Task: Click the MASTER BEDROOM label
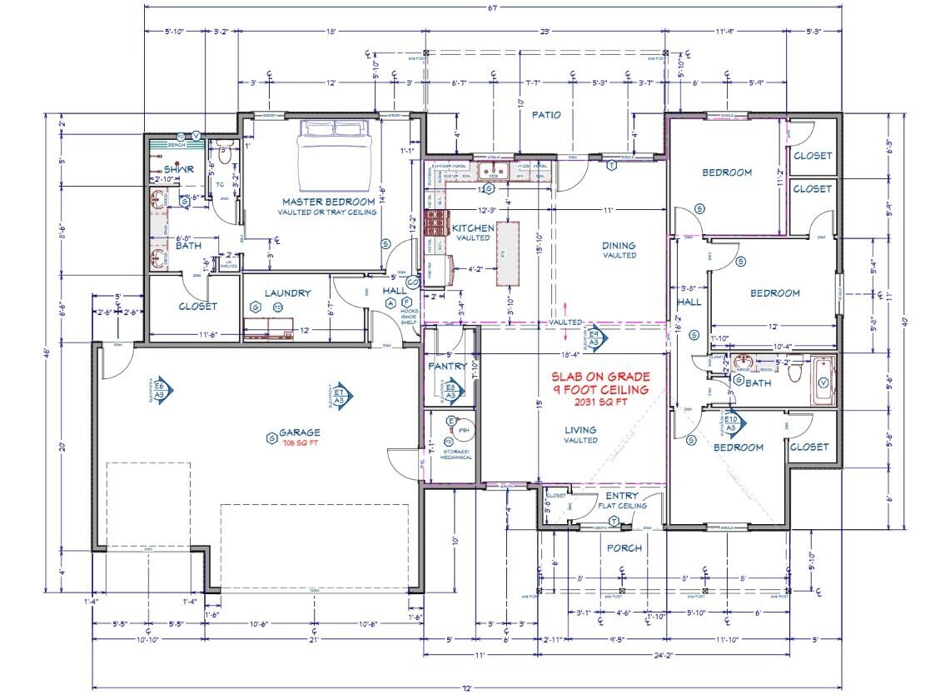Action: click(x=327, y=202)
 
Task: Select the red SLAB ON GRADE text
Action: click(x=600, y=377)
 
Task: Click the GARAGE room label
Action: click(x=299, y=432)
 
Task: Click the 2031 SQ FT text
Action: click(x=599, y=402)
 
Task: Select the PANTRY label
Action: click(x=446, y=366)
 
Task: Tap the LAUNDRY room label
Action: click(x=287, y=293)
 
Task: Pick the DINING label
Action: click(x=619, y=246)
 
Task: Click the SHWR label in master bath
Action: click(x=179, y=168)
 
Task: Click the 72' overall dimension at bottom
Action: click(x=467, y=688)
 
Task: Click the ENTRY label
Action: click(x=621, y=496)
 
